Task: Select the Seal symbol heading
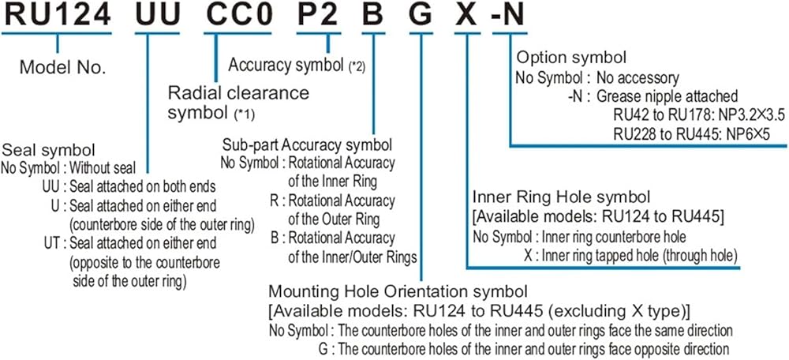tap(50, 150)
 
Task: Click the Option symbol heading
tap(572, 58)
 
